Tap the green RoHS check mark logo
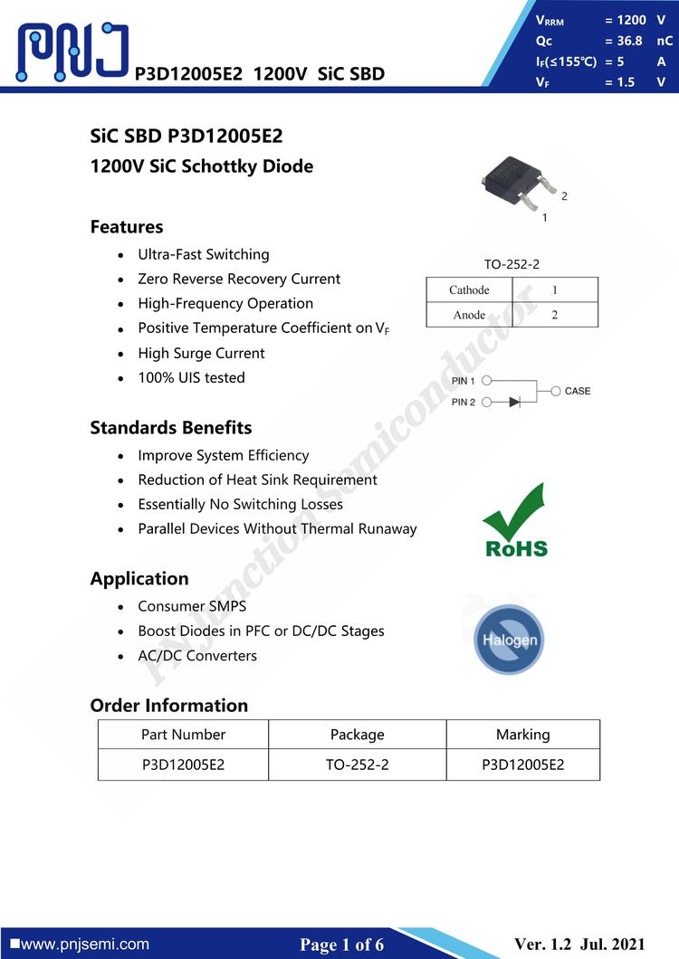(515, 521)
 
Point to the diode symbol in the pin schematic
(515, 401)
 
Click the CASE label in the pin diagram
(577, 391)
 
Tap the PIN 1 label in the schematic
(464, 382)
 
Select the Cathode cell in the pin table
(469, 290)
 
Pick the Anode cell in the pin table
(469, 315)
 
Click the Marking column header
(522, 735)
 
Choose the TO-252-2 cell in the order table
(357, 764)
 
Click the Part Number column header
(183, 735)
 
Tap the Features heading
(127, 227)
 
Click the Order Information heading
(168, 706)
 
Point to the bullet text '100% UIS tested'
(191, 378)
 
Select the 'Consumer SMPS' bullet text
(192, 606)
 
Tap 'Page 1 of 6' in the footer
(342, 945)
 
